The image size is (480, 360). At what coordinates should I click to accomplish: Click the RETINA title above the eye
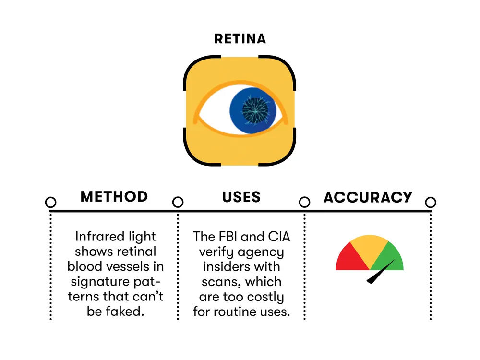click(x=240, y=38)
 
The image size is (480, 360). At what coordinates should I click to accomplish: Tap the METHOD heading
click(x=114, y=197)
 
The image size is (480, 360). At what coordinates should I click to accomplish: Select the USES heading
click(x=241, y=197)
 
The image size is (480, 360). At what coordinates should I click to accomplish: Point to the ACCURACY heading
click(x=368, y=197)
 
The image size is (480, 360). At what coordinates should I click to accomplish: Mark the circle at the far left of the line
click(x=50, y=202)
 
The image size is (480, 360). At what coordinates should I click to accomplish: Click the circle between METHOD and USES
click(x=178, y=202)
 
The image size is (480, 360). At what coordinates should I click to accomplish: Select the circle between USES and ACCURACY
click(x=304, y=202)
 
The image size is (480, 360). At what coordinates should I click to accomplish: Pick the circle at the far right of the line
click(x=431, y=202)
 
